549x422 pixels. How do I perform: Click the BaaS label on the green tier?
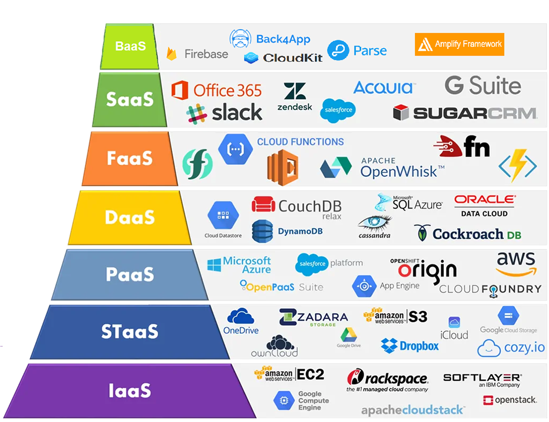click(130, 46)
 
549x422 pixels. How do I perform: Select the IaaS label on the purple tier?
click(130, 390)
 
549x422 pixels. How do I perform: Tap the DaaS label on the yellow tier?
click(130, 217)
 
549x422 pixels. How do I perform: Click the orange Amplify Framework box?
click(459, 44)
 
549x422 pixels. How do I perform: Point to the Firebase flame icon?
click(172, 54)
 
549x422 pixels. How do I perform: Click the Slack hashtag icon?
click(197, 114)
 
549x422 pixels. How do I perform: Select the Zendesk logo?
click(295, 96)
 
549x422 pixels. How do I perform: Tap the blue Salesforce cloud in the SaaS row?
click(338, 110)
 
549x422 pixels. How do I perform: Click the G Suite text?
click(483, 86)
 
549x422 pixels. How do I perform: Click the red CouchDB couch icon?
click(263, 204)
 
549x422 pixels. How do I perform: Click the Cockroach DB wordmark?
click(477, 234)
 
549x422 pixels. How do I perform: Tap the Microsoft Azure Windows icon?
click(214, 265)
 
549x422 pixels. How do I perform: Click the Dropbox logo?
click(410, 346)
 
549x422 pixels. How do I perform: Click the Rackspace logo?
click(387, 380)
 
